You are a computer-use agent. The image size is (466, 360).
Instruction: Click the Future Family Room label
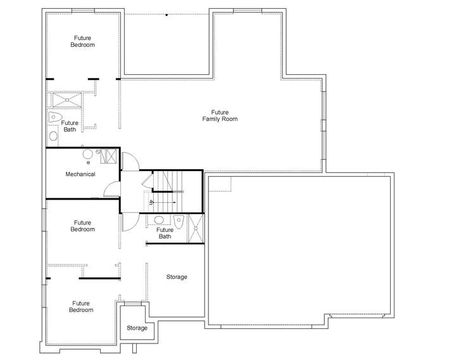click(220, 116)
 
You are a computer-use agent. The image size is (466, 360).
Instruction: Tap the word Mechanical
click(80, 174)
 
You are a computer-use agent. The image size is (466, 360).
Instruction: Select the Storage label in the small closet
click(137, 328)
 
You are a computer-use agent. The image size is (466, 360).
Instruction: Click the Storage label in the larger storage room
click(177, 277)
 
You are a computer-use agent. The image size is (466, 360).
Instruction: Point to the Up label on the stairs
click(151, 202)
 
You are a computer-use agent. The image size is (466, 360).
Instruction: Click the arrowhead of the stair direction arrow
click(175, 202)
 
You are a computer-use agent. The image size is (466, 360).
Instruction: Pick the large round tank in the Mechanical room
click(87, 155)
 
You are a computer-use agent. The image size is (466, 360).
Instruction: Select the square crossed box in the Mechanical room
click(111, 156)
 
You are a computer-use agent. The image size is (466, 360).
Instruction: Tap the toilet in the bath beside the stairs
click(179, 221)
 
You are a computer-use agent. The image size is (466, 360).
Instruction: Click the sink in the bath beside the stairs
click(159, 220)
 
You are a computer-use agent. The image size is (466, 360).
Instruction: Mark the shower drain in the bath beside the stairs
click(196, 229)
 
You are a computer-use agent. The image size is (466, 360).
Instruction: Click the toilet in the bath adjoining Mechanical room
click(55, 117)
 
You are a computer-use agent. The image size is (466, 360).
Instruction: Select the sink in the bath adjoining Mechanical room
click(53, 136)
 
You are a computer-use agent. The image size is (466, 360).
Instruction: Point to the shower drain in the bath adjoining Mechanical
click(67, 100)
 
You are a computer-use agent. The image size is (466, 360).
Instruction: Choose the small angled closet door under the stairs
click(148, 180)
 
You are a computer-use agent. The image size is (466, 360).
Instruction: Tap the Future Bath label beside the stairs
click(165, 233)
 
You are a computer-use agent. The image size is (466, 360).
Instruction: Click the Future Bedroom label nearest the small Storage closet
click(81, 307)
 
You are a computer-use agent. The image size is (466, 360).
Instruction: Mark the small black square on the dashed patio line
click(167, 15)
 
